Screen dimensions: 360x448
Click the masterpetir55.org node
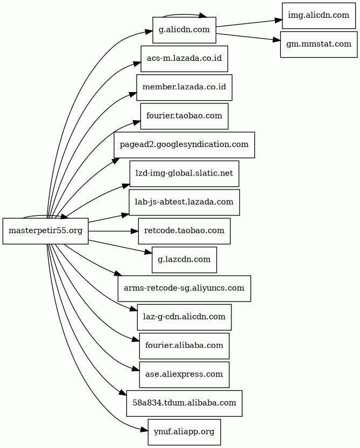[46, 231]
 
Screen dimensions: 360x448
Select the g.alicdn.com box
[184, 30]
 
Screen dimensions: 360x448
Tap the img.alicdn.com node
[319, 16]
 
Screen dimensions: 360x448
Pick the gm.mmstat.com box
[319, 44]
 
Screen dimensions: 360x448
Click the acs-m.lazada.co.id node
[184, 59]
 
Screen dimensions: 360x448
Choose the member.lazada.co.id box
[184, 87]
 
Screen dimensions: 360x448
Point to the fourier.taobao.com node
[184, 116]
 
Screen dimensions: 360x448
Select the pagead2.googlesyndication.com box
[184, 145]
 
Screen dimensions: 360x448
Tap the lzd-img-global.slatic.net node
[184, 173]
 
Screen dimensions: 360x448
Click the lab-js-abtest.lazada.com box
[184, 202]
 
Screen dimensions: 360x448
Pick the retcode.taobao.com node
[184, 231]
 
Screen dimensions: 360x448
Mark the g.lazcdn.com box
[184, 260]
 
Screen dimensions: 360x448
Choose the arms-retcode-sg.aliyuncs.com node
[184, 288]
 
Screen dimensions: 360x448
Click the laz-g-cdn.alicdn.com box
[184, 317]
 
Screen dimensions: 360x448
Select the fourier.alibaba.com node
[184, 346]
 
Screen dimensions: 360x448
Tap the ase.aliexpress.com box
[184, 375]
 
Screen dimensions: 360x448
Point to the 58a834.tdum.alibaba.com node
[184, 403]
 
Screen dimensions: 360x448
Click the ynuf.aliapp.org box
[184, 432]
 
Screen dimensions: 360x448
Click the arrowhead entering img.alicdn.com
[278, 20]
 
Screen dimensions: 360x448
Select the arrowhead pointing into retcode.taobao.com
[135, 231]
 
